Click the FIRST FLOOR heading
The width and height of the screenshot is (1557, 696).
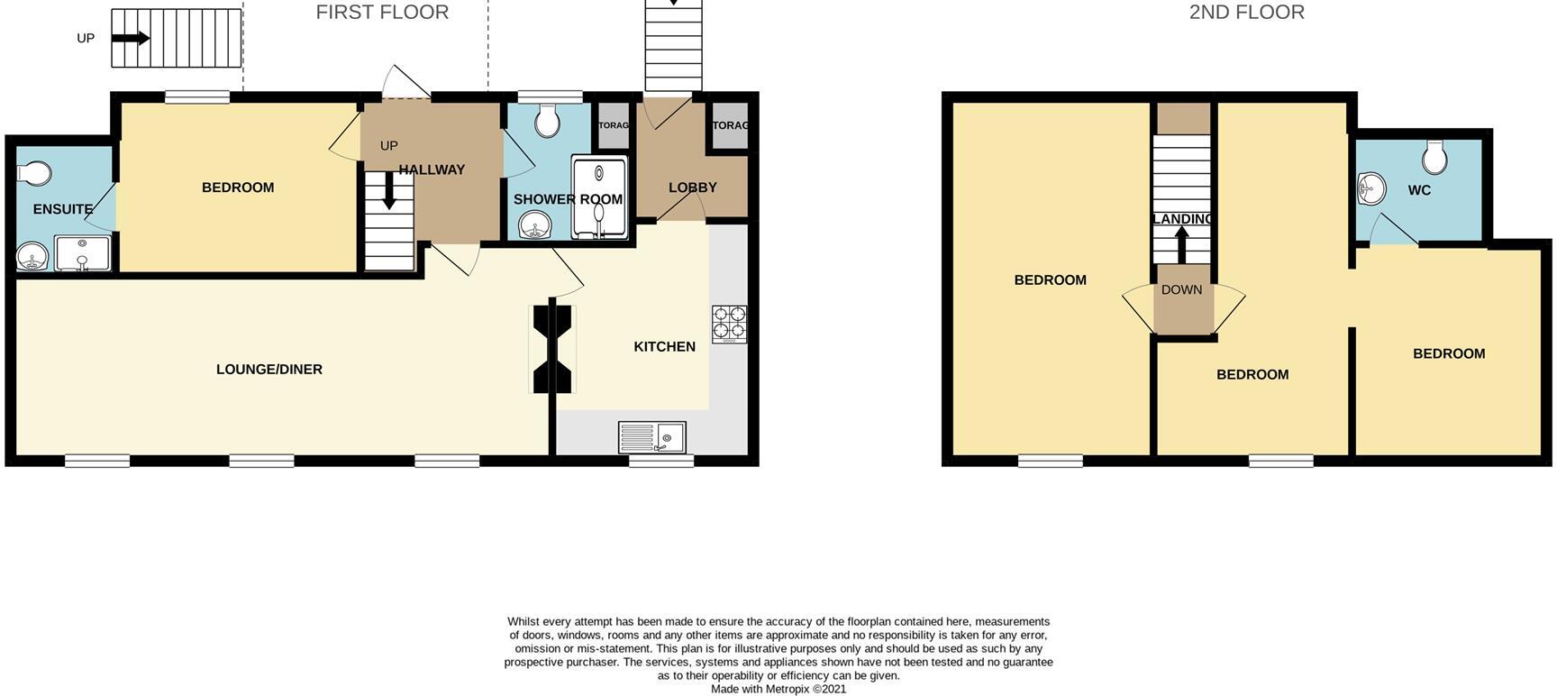click(382, 13)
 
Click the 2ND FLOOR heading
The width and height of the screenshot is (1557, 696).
click(1246, 13)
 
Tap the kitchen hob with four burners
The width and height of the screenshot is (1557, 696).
click(729, 325)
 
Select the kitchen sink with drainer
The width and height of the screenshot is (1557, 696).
click(651, 437)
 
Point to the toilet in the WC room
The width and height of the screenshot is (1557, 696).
click(1434, 157)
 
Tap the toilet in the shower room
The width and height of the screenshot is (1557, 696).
click(548, 119)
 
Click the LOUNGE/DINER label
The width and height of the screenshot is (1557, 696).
click(269, 370)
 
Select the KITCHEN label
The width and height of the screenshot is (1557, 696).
click(664, 347)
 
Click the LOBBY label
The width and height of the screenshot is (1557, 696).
click(692, 188)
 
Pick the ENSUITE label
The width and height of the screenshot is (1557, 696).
click(62, 209)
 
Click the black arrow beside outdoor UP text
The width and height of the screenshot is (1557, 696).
click(131, 38)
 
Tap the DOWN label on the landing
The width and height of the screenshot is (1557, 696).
click(1181, 290)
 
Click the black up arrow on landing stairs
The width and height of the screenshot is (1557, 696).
click(1181, 244)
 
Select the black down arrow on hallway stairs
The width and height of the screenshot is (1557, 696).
click(388, 192)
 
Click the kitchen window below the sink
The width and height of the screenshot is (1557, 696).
click(660, 461)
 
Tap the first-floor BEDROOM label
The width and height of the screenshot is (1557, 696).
click(238, 188)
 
